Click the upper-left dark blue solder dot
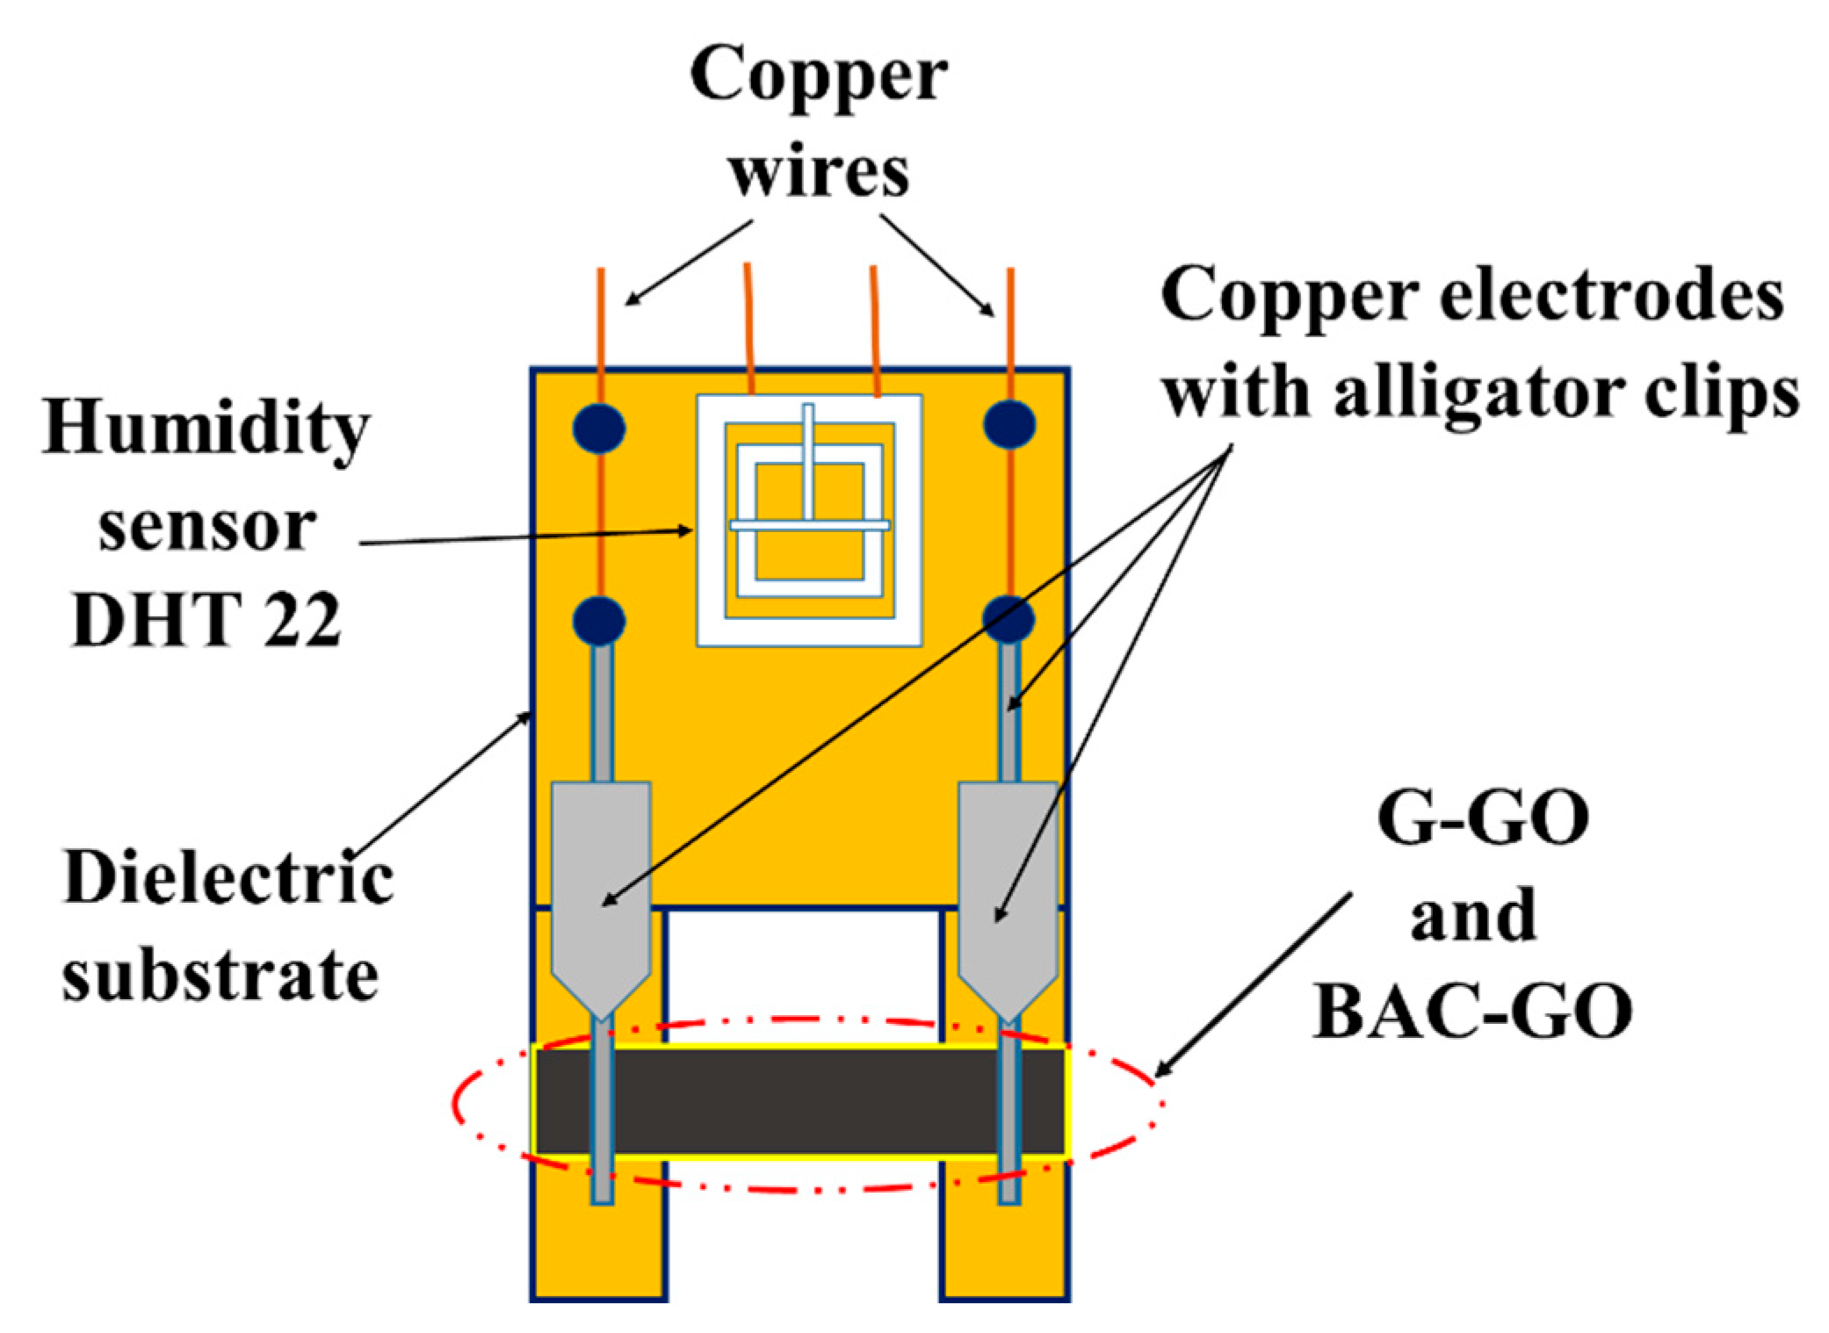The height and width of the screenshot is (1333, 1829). [598, 428]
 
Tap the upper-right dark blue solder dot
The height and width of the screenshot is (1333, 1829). [1009, 424]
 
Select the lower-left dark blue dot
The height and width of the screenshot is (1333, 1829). [598, 621]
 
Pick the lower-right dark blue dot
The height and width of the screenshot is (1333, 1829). [1008, 619]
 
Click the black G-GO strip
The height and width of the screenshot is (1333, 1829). [799, 1101]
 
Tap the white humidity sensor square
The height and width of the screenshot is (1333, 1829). [809, 521]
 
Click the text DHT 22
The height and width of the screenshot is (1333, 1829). [206, 620]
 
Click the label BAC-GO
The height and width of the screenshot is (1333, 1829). [1472, 1012]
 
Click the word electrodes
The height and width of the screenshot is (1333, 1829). [1611, 296]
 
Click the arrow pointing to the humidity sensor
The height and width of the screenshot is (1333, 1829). [527, 537]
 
